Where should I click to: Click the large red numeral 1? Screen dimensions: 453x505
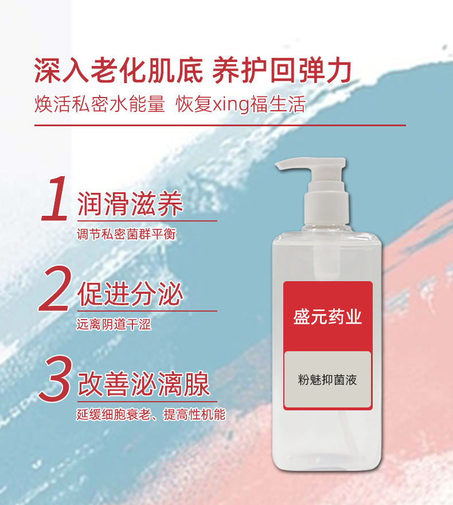click(55, 199)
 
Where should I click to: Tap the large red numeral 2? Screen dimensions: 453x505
click(54, 289)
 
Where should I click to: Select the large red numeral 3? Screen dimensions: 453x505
click(55, 379)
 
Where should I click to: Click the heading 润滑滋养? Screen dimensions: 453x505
click(130, 204)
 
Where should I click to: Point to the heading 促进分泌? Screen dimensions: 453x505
click(130, 294)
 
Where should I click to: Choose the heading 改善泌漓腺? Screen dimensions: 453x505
click(143, 384)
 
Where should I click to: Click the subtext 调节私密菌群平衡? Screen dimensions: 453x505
click(127, 234)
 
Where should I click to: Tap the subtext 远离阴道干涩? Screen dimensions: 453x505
click(114, 324)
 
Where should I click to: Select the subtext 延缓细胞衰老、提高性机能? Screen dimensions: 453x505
click(151, 414)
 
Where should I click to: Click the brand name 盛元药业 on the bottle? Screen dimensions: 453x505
click(327, 317)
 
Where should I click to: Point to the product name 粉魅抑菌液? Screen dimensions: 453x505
click(327, 380)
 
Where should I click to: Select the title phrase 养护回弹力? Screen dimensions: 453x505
click(282, 70)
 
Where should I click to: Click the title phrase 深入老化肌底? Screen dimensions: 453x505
click(119, 70)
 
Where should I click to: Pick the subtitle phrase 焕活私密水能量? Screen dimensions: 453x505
click(100, 104)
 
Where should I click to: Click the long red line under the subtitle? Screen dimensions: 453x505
click(220, 125)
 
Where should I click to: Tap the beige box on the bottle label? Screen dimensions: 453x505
click(327, 380)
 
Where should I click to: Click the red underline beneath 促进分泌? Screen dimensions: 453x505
click(147, 311)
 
